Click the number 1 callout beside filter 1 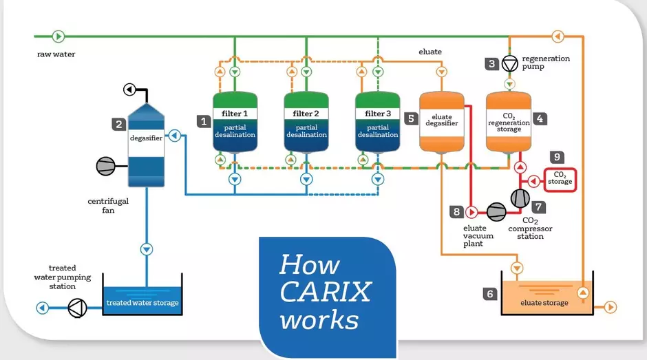[x=204, y=121]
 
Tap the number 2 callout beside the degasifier [x=119, y=125]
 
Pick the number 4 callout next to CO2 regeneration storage [x=540, y=118]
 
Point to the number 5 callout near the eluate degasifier [x=412, y=118]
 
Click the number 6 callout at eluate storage [x=490, y=294]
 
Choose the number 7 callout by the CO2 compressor [x=539, y=206]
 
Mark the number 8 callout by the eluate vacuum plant [x=456, y=211]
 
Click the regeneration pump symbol [x=510, y=64]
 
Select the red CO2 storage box [x=560, y=180]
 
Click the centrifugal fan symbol [x=106, y=166]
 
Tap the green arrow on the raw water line [x=58, y=36]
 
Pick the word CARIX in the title [x=325, y=292]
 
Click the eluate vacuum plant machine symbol [x=496, y=211]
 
